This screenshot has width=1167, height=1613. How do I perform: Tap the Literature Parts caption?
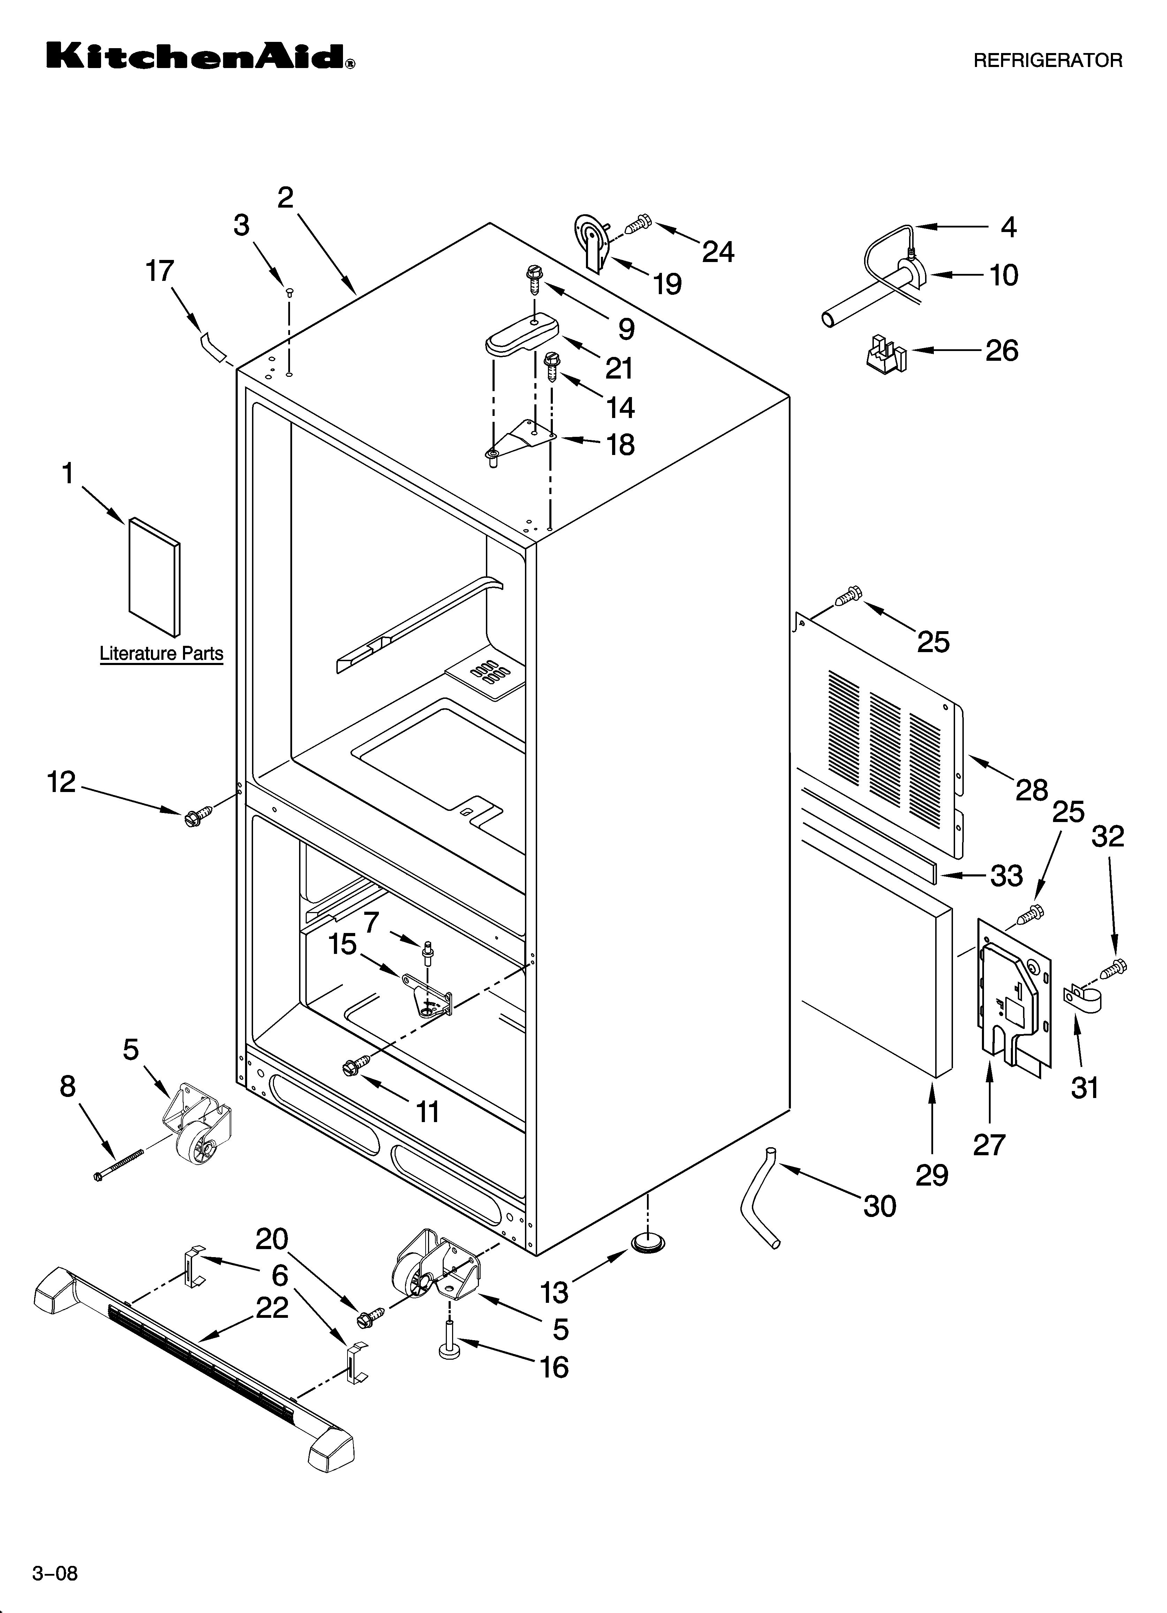point(161,654)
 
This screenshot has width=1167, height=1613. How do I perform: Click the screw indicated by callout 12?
point(197,817)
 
